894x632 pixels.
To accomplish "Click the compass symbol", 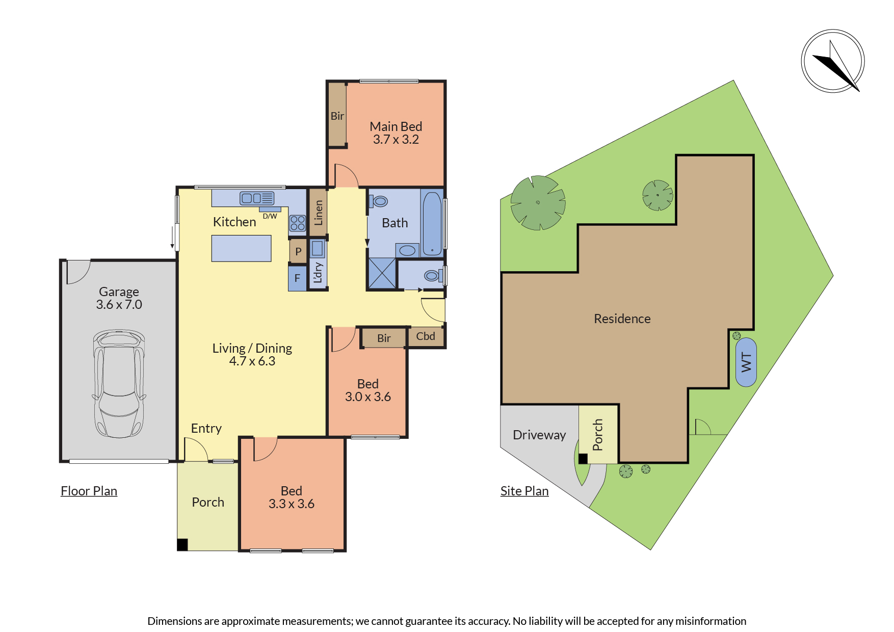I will point(833,61).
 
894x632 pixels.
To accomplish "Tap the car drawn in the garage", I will point(119,383).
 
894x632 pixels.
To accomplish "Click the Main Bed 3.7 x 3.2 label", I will point(396,133).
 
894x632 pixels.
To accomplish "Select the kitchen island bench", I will point(241,248).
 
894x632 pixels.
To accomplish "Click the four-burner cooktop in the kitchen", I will point(298,223).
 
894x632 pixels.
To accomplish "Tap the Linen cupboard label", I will point(319,213).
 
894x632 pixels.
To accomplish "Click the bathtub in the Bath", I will point(432,223).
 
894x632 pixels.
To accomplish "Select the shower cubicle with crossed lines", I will point(382,273).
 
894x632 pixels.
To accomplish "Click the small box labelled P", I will point(298,251).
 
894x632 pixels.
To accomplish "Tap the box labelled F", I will point(297,279).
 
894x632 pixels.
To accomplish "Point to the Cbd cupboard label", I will point(426,336).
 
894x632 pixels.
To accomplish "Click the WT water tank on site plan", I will point(746,362).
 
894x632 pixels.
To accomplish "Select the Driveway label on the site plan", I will point(539,435).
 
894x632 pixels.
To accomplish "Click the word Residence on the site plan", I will point(622,319).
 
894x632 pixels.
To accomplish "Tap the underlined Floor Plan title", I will point(89,491).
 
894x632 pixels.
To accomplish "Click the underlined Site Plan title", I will point(524,491).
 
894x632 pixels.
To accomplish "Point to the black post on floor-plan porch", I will point(182,544).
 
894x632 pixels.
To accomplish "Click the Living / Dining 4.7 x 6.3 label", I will point(252,354).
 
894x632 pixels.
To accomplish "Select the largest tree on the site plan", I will point(538,203).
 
